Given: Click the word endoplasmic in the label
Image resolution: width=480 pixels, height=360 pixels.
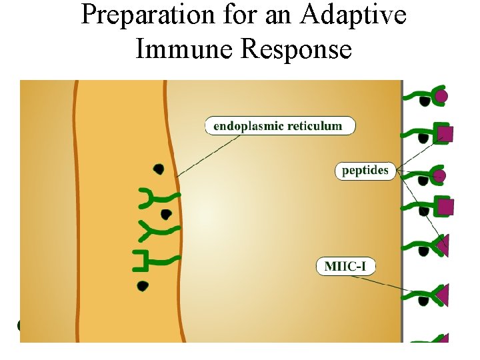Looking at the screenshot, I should point(248,125).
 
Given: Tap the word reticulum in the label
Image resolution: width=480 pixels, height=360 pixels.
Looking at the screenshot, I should point(313,125).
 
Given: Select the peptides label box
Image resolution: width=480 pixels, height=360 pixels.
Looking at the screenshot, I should point(365,171).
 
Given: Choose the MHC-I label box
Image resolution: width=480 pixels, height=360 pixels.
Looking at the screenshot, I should point(345,267).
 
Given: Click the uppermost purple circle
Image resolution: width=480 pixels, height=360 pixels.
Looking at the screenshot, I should point(441,97).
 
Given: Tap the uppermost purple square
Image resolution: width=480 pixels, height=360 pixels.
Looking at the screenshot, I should point(446,133).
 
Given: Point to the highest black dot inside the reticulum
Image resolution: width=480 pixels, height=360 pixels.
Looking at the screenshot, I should point(159,168).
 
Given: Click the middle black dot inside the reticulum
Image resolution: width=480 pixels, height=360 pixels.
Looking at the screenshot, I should point(165,214).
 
